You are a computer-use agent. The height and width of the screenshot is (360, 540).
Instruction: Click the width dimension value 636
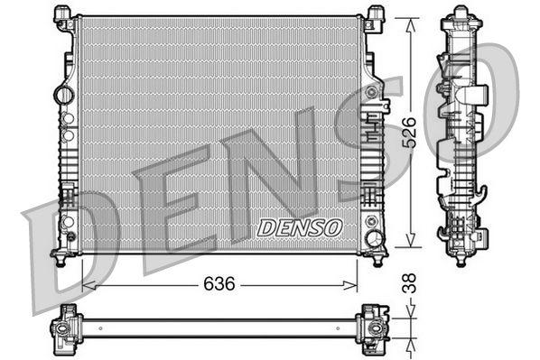[219, 283]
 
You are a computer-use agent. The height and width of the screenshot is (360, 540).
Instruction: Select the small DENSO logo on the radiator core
[300, 228]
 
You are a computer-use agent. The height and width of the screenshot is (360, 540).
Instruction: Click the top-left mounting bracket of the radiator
[65, 17]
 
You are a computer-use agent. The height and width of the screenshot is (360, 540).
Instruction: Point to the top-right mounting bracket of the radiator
[374, 17]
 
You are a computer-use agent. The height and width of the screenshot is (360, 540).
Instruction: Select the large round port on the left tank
[63, 93]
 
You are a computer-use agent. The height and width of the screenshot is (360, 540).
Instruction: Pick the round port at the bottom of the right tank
[373, 238]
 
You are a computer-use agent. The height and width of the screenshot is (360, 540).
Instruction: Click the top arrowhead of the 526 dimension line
[409, 19]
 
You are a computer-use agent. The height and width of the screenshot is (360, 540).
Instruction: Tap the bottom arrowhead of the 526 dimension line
[409, 244]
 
